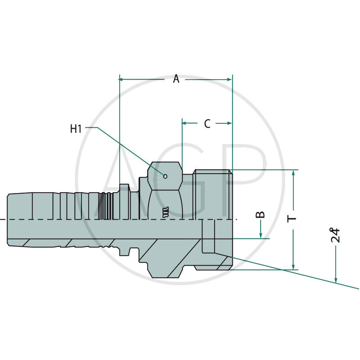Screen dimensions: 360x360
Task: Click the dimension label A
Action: tap(176, 79)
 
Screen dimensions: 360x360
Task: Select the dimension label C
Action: tap(207, 124)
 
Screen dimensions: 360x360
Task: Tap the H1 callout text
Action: tap(76, 129)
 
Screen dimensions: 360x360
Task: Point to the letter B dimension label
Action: tap(261, 215)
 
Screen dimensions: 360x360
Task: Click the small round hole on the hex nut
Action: tap(166, 176)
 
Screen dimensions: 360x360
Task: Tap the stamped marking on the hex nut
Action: tap(165, 211)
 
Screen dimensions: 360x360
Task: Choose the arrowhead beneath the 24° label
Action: tap(336, 279)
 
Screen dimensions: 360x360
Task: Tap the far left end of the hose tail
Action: tap(9, 219)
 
